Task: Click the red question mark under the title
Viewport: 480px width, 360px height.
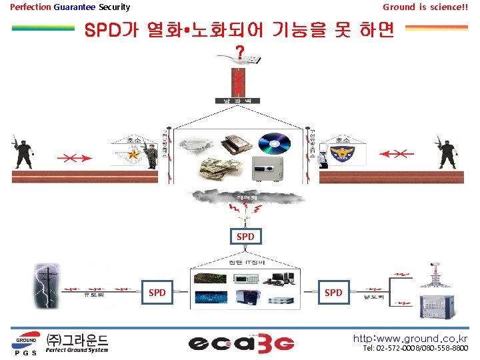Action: tap(239, 53)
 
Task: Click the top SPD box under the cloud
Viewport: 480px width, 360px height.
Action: tap(245, 236)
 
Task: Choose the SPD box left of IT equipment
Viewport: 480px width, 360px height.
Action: tap(157, 293)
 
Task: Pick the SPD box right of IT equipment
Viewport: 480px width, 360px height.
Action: tap(333, 293)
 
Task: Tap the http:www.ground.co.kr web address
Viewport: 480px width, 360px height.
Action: tap(410, 339)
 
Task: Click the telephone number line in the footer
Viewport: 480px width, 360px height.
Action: tap(415, 349)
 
